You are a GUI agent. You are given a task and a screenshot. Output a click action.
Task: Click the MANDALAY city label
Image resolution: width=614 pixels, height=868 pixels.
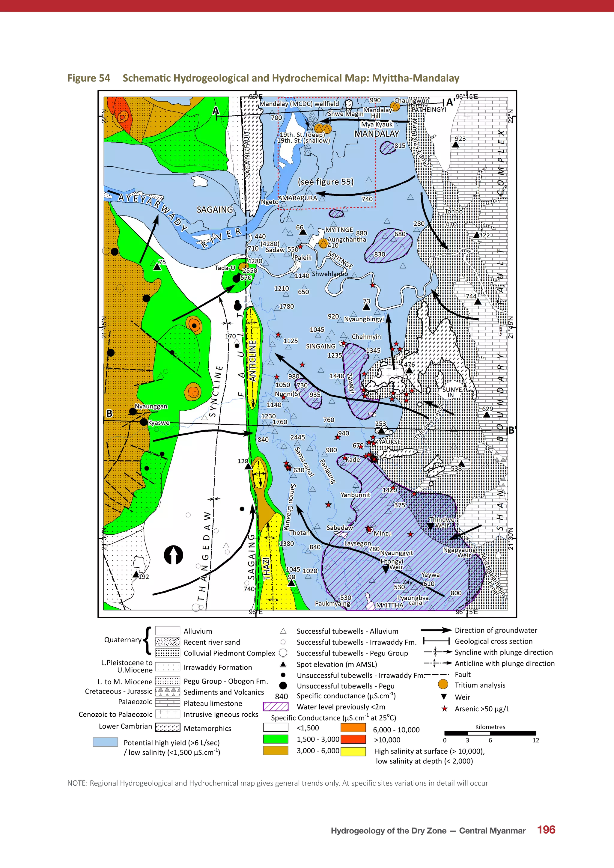(376, 134)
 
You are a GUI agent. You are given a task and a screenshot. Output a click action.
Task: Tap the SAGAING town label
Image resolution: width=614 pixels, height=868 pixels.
(215, 210)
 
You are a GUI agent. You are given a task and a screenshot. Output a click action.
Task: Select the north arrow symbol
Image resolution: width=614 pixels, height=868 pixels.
(174, 555)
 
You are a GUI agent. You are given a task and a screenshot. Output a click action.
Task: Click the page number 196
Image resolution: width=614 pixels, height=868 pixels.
(546, 830)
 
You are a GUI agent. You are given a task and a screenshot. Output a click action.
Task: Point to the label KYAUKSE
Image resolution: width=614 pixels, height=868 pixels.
(388, 442)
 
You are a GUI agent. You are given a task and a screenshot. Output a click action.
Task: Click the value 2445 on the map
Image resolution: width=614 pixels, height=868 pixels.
(297, 437)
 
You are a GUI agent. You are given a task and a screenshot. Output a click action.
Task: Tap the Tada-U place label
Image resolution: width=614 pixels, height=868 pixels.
(225, 268)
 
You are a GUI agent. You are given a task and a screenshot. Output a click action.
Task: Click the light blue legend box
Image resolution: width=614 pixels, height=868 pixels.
(105, 742)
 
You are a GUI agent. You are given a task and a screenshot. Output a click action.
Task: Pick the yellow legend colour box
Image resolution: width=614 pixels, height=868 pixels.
(353, 752)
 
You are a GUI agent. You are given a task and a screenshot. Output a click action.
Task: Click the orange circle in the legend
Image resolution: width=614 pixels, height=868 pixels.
(443, 684)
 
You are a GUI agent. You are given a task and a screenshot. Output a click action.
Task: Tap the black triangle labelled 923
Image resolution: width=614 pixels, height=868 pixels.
(456, 144)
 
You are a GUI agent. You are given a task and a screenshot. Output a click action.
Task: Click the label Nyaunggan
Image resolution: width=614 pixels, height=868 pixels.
(151, 406)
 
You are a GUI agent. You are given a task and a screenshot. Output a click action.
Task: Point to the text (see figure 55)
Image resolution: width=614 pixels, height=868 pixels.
(326, 182)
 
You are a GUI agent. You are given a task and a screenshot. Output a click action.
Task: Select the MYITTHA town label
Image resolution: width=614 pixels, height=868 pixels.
(389, 605)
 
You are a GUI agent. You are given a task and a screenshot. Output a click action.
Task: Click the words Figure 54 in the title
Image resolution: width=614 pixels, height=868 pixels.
(88, 78)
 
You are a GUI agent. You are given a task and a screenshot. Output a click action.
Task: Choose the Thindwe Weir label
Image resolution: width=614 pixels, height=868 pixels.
(442, 522)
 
